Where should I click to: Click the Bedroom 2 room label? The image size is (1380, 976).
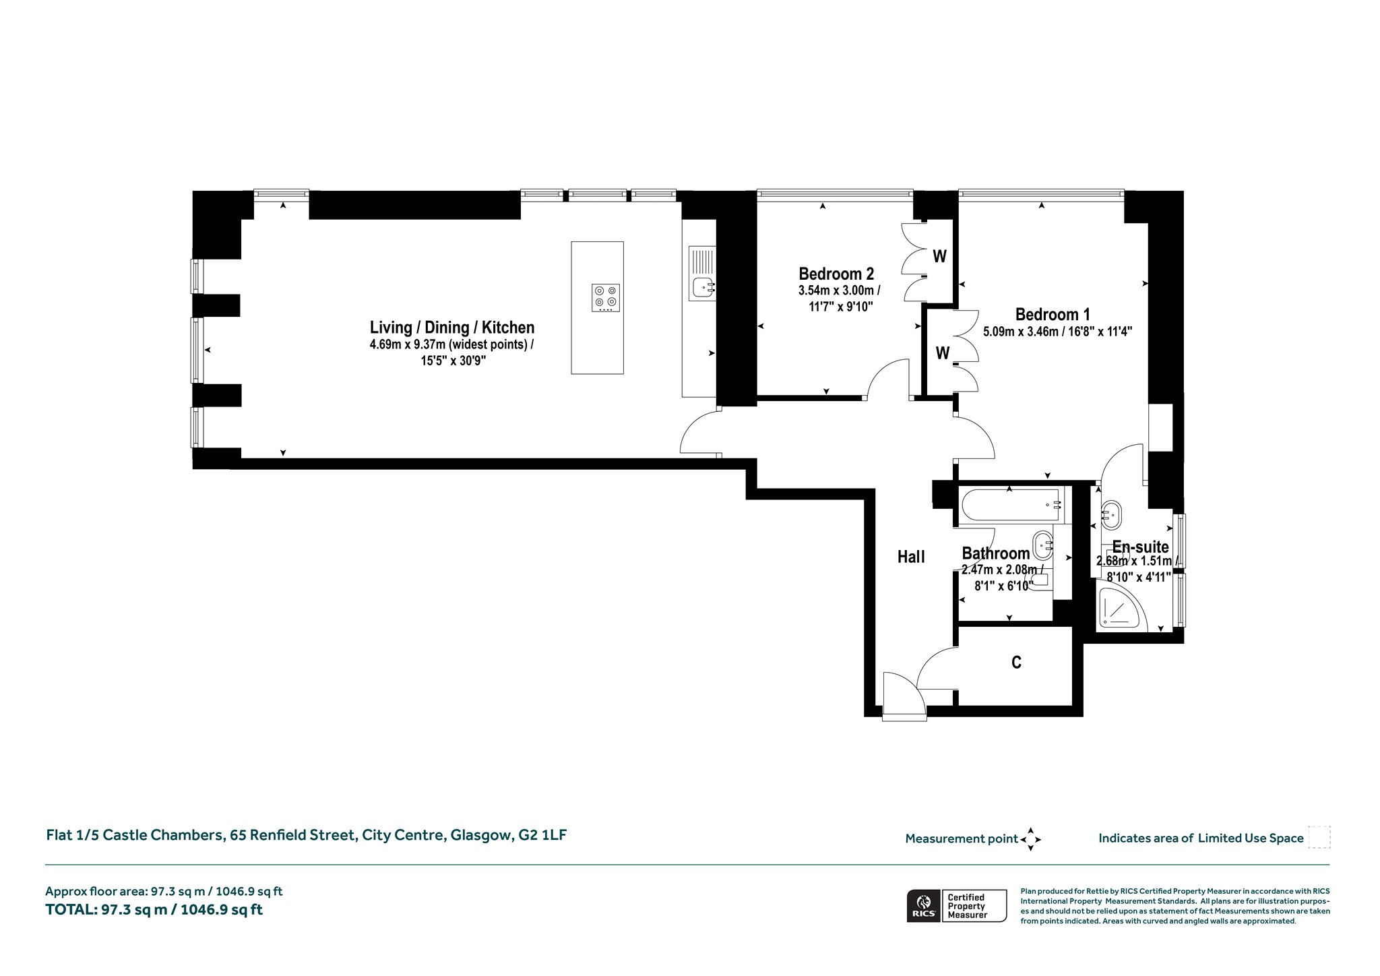tap(836, 274)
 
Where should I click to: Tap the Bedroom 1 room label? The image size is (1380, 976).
tap(1053, 315)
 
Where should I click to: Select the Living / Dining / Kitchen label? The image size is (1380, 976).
tap(452, 328)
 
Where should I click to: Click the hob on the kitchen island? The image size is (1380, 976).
tap(606, 298)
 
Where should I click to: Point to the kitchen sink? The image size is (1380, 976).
tap(702, 273)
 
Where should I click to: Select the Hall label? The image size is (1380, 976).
tap(911, 557)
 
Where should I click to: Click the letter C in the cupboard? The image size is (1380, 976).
tap(1017, 663)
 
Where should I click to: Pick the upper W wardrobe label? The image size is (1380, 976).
tap(940, 256)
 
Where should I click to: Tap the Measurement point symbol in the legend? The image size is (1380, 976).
tap(1031, 839)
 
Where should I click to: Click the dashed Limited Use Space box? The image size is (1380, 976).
tap(1319, 837)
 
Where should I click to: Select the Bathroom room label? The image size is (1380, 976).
tap(996, 554)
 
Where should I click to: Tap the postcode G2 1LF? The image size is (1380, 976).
tap(542, 836)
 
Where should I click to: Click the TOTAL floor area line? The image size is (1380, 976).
tap(154, 910)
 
